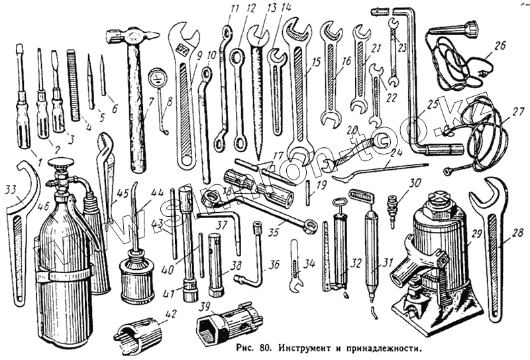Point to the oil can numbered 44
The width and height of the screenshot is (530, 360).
138,275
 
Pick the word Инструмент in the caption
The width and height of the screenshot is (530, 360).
306,347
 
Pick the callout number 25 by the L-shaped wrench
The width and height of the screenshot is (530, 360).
433,105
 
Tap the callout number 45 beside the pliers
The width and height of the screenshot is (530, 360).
123,194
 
